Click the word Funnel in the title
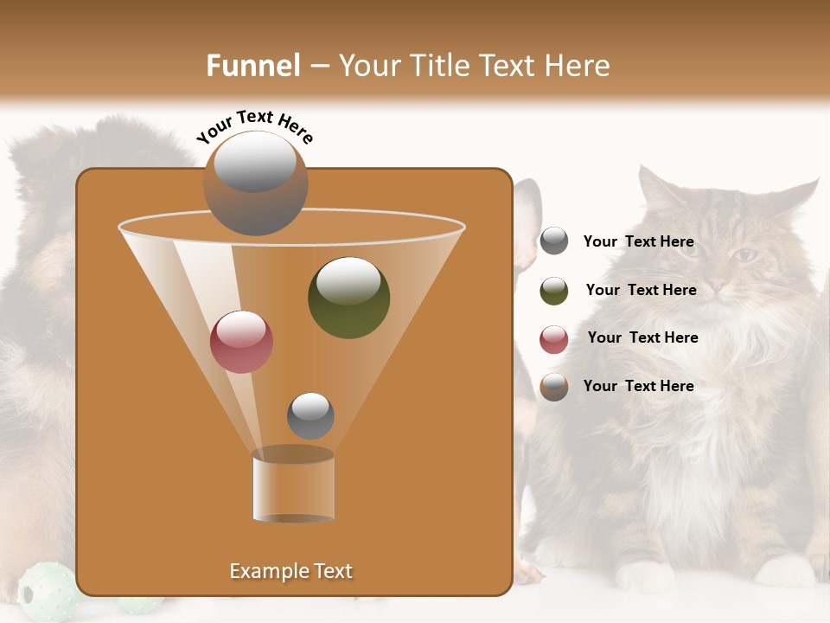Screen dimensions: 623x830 [x=252, y=66]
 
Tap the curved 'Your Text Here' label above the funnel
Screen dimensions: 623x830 [x=255, y=126]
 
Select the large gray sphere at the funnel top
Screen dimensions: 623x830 [x=255, y=183]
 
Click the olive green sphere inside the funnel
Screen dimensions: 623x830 [x=348, y=298]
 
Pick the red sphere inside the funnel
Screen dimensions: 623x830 [x=241, y=342]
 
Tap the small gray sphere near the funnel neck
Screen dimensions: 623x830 [x=310, y=415]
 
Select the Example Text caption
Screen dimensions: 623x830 [x=291, y=571]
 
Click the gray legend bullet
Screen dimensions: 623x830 [x=554, y=241]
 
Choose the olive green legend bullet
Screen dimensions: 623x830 [x=554, y=291]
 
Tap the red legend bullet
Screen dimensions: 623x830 [x=554, y=339]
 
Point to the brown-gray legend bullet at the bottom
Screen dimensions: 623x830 [x=554, y=387]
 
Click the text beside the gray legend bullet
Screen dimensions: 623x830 [x=638, y=241]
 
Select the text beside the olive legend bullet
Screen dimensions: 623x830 [x=641, y=290]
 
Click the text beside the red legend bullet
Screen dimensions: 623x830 [x=642, y=337]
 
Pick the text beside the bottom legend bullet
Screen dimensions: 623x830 [x=638, y=386]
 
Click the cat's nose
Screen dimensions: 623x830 [x=717, y=283]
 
